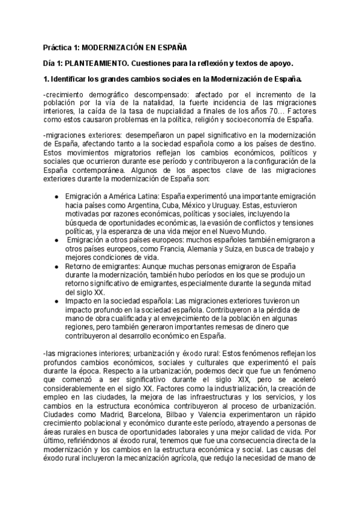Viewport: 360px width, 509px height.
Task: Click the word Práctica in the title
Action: click(x=59, y=46)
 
